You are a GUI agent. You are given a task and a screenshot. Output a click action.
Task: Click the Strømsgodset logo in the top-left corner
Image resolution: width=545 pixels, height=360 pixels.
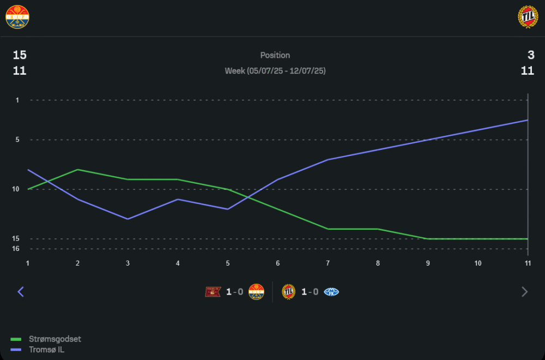pos(17,17)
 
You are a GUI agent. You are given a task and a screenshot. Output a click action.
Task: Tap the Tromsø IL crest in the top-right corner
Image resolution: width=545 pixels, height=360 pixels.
pos(528,17)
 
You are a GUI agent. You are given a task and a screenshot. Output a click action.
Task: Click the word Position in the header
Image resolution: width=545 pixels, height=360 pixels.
pos(275,55)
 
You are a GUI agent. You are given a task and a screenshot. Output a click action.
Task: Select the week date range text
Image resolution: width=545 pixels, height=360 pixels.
pos(275,71)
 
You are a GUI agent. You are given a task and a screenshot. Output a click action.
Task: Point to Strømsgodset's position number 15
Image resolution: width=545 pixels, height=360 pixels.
pos(20,55)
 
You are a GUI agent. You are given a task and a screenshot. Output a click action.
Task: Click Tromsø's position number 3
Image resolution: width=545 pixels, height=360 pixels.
pos(530,55)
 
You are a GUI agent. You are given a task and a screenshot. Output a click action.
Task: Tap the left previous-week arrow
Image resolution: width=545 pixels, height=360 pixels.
pos(21,292)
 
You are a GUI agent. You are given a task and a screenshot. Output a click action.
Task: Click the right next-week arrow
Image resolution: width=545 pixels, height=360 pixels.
pos(525,292)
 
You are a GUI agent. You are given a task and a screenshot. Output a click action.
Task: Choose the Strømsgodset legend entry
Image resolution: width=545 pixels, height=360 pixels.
pos(55,339)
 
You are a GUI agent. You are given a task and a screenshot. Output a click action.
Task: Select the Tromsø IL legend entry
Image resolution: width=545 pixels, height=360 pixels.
pos(46,350)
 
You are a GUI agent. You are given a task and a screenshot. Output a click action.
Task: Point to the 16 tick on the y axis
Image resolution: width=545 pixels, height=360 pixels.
pos(16,249)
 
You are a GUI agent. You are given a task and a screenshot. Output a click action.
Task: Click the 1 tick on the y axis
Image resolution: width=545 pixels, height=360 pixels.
pos(17,100)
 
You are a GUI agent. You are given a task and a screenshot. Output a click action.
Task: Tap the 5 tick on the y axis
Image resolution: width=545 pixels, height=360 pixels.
pos(17,140)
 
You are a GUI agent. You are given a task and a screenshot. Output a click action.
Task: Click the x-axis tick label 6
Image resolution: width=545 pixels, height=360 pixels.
pos(278,263)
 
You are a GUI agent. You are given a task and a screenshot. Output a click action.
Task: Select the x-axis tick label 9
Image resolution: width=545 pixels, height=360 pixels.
pos(428,263)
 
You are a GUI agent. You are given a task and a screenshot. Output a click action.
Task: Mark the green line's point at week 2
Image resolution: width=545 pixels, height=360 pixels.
pos(78,170)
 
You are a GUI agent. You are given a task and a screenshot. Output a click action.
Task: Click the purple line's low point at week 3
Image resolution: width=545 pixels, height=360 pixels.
pos(128,219)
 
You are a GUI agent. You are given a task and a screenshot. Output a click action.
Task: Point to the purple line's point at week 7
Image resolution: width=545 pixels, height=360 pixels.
pos(328,160)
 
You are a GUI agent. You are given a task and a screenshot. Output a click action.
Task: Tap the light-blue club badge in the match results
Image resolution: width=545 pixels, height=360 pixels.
pos(331,292)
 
